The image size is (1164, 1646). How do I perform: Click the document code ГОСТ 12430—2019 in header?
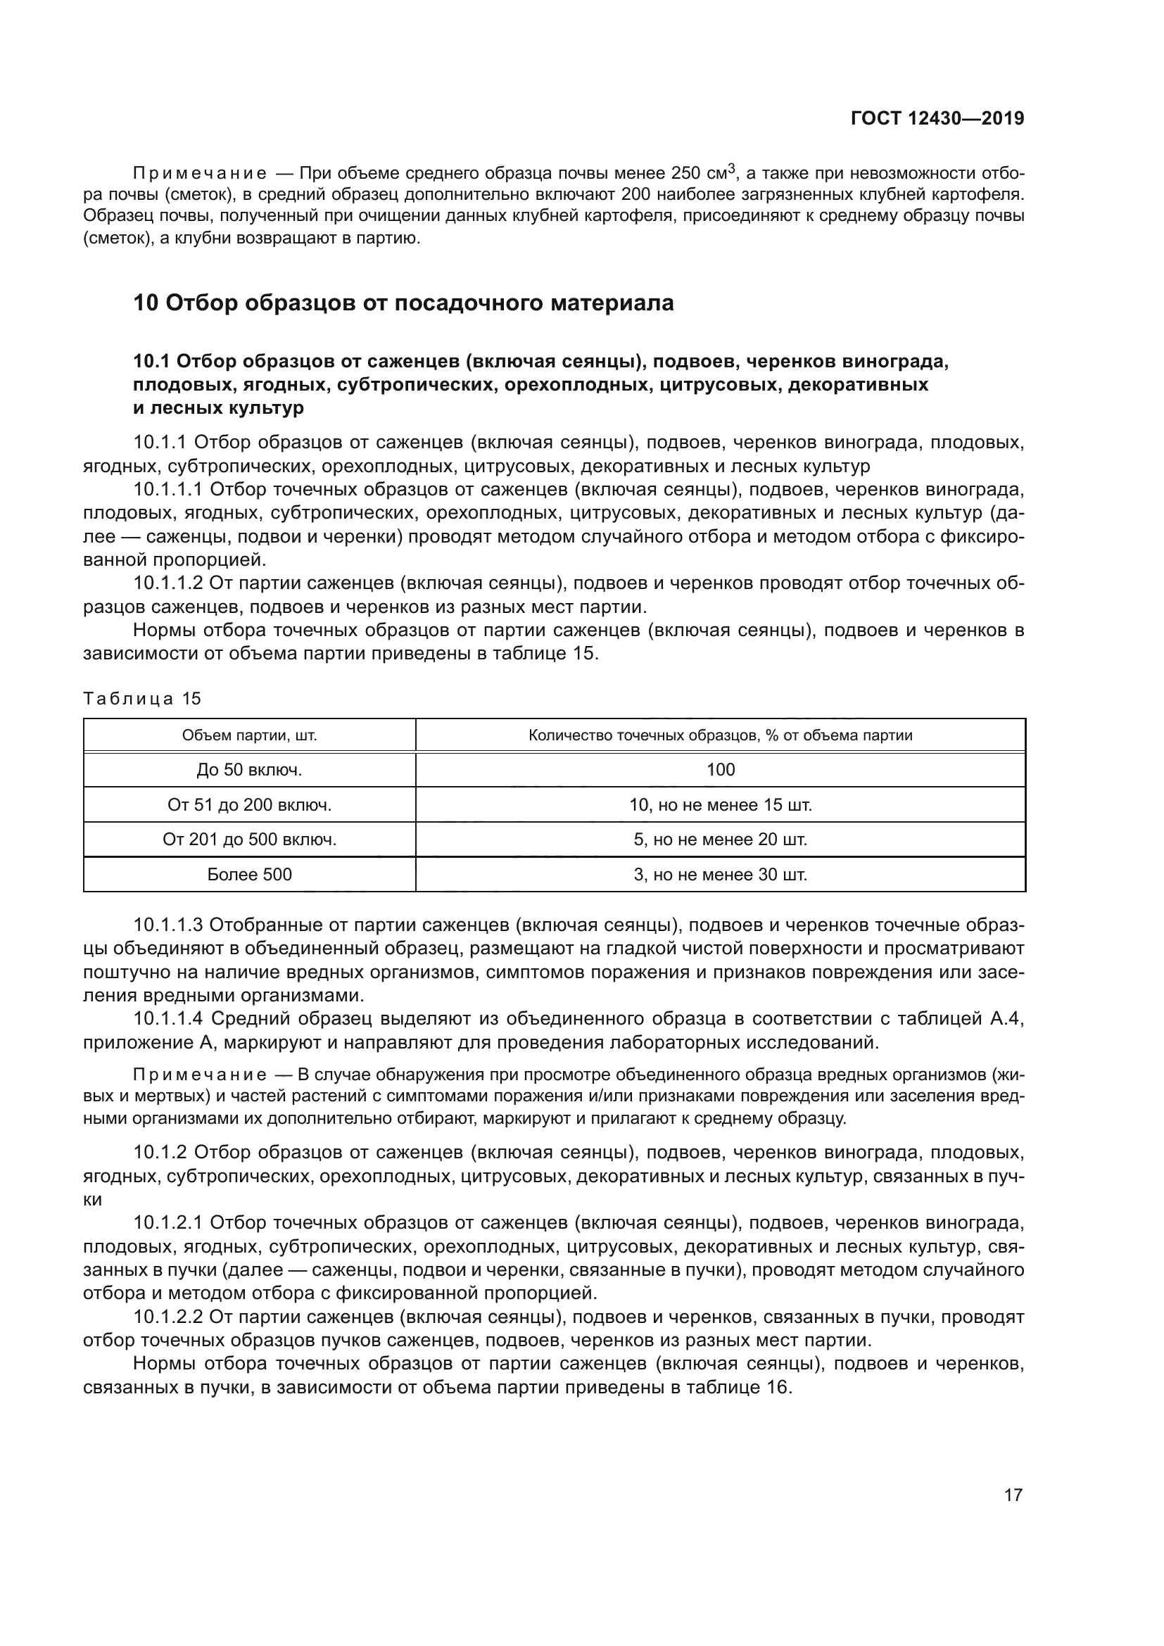pyautogui.click(x=937, y=119)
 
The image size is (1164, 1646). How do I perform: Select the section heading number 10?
pyautogui.click(x=146, y=303)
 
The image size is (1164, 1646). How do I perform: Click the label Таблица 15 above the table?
pyautogui.click(x=143, y=698)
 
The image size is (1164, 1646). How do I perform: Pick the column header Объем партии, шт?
pyautogui.click(x=249, y=735)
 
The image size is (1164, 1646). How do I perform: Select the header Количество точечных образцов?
pyautogui.click(x=720, y=735)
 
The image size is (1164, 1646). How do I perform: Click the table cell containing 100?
pyautogui.click(x=721, y=770)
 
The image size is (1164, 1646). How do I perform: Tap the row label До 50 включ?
pyautogui.click(x=249, y=770)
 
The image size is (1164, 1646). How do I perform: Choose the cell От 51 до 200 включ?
pyautogui.click(x=249, y=805)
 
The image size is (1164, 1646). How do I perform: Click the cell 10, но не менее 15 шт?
pyautogui.click(x=721, y=805)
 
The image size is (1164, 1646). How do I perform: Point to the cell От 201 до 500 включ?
pyautogui.click(x=249, y=840)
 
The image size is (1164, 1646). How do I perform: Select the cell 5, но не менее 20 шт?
pyautogui.click(x=721, y=840)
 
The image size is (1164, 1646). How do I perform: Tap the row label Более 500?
pyautogui.click(x=249, y=875)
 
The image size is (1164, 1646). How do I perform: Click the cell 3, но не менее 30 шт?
pyautogui.click(x=721, y=875)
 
